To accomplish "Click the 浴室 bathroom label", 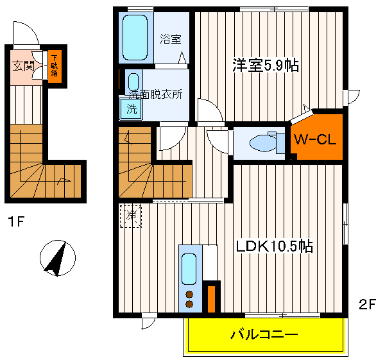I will pos(170,39).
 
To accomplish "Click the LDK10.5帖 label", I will pos(274,246).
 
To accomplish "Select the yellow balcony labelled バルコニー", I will pos(264,334).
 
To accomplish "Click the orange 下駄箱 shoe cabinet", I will pos(55,65).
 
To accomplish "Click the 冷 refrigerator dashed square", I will pos(131,215).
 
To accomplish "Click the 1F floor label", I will pos(16,223).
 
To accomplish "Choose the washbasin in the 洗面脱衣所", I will pos(133,82).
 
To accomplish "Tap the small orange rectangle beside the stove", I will pos(210,298).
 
